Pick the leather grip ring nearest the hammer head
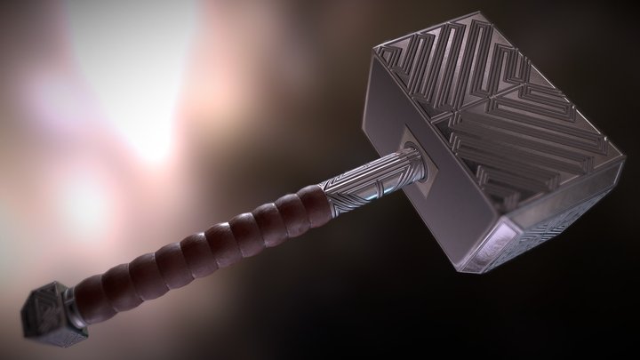[309, 199]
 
